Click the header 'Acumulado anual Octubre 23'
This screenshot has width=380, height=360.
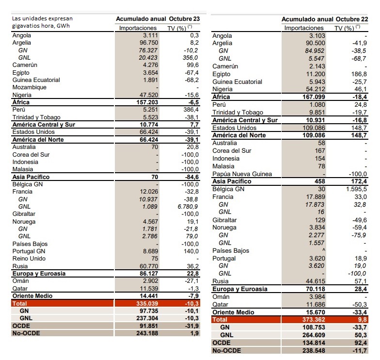[x=158, y=18]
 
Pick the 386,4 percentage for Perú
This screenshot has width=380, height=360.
[x=190, y=110]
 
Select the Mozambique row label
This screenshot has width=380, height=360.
[x=30, y=87]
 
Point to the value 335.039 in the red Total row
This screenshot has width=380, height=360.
[x=145, y=303]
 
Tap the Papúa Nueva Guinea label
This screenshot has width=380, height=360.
[x=242, y=174]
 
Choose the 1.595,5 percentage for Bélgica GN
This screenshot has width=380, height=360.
[x=355, y=189]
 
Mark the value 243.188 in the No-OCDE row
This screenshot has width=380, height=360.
[x=145, y=333]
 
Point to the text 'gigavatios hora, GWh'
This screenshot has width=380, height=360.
[x=41, y=26]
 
